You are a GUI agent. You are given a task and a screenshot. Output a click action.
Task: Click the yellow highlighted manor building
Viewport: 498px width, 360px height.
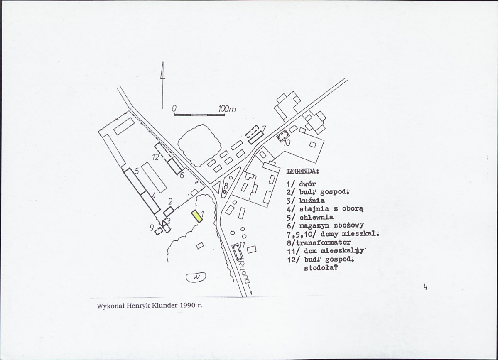coord(196,217)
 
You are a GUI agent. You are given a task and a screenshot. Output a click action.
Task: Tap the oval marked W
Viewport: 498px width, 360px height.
coord(196,277)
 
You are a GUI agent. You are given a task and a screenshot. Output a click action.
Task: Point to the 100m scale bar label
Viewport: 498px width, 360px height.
coord(226,109)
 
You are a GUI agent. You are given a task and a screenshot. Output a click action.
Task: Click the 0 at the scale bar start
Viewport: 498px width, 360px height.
coord(174,108)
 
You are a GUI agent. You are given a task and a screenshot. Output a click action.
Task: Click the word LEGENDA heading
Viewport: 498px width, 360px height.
coord(303,171)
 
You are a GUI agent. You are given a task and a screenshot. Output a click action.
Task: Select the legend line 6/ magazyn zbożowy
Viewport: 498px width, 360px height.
coord(319,225)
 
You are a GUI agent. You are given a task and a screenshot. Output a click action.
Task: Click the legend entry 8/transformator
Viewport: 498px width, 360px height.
coord(319,242)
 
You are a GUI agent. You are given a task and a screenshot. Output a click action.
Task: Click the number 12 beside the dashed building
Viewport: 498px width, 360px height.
coord(155,157)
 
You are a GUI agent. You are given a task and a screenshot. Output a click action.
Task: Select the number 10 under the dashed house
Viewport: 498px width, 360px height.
coord(287,143)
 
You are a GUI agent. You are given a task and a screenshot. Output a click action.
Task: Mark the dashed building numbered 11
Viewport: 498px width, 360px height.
coord(237,252)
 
